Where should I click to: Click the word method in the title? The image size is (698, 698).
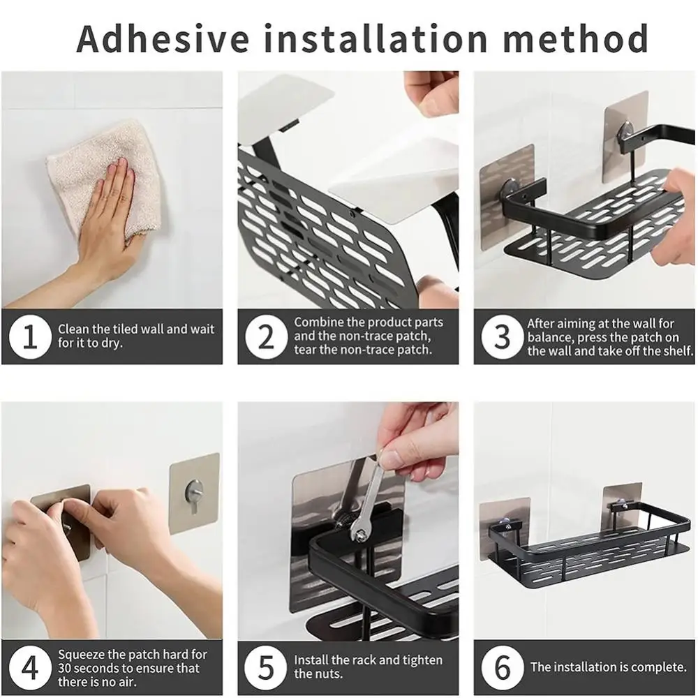click(x=575, y=38)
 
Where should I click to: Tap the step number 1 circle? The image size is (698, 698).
click(x=30, y=336)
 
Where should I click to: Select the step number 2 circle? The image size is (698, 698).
click(x=266, y=336)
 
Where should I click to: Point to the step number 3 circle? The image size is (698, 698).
click(x=502, y=336)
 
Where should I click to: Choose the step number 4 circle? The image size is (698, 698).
click(x=30, y=668)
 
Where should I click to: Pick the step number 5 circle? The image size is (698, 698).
click(x=266, y=668)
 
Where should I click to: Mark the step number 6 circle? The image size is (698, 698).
click(x=502, y=668)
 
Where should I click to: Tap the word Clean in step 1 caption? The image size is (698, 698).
click(x=74, y=329)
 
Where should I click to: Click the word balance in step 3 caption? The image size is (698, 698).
click(x=549, y=337)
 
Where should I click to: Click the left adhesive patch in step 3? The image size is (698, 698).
click(x=507, y=196)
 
